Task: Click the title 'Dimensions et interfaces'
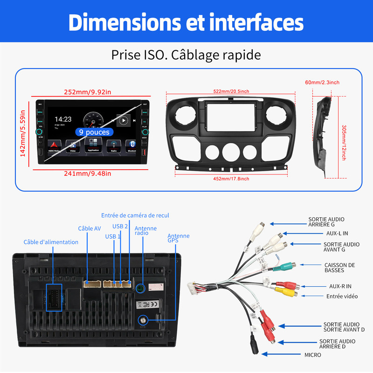click(x=186, y=22)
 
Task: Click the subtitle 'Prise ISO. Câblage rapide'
click(x=186, y=55)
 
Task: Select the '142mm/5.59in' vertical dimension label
click(x=23, y=133)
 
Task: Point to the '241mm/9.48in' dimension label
click(x=88, y=173)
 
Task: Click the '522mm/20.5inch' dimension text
click(x=231, y=91)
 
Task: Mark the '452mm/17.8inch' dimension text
click(x=231, y=178)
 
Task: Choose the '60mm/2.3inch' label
click(x=322, y=83)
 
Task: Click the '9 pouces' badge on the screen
click(x=94, y=132)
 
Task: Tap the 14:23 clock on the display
click(x=63, y=119)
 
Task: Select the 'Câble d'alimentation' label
click(x=51, y=242)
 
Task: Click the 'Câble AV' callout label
click(x=89, y=228)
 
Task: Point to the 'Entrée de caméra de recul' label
click(x=135, y=215)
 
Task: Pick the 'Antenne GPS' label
click(x=178, y=239)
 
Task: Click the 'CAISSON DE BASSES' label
click(x=339, y=268)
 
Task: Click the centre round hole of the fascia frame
click(x=231, y=152)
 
